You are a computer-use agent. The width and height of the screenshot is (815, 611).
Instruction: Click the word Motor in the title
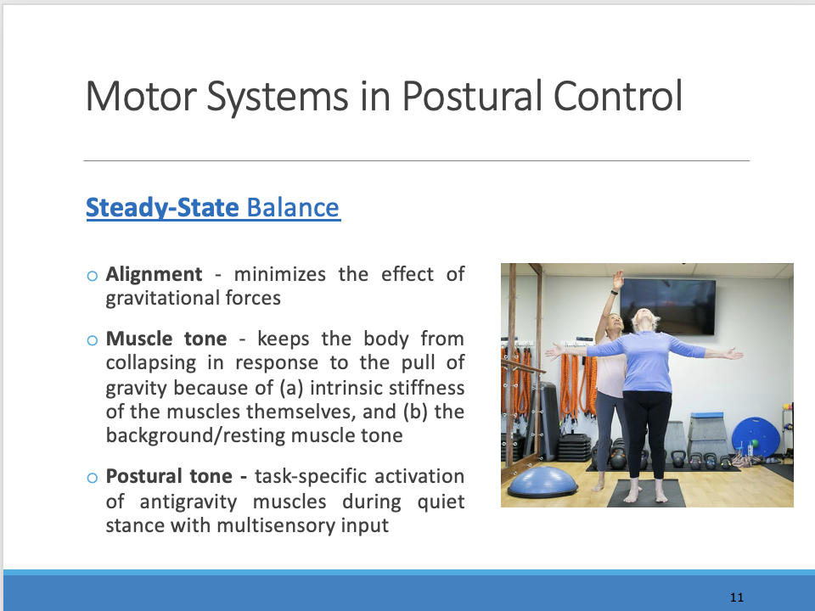[141, 97]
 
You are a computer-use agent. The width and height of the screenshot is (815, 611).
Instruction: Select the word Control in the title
[618, 97]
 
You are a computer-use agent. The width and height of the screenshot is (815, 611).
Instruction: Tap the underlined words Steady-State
[162, 208]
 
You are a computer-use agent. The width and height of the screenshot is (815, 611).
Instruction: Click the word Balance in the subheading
[293, 208]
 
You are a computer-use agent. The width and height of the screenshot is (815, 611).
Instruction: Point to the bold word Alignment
[154, 275]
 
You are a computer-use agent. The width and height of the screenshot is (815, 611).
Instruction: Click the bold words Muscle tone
[166, 339]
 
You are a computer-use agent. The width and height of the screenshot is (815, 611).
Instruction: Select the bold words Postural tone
[177, 477]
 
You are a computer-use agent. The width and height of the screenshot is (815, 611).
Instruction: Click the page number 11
[737, 597]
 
